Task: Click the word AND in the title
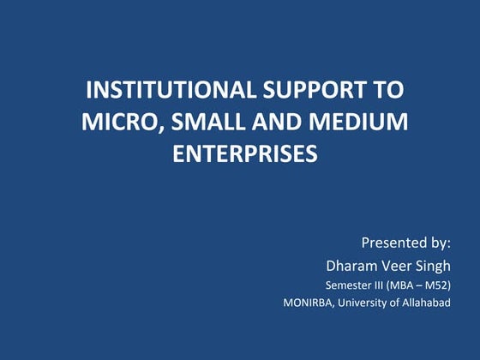click(275, 123)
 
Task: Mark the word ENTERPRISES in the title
click(245, 154)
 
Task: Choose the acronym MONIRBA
click(312, 303)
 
